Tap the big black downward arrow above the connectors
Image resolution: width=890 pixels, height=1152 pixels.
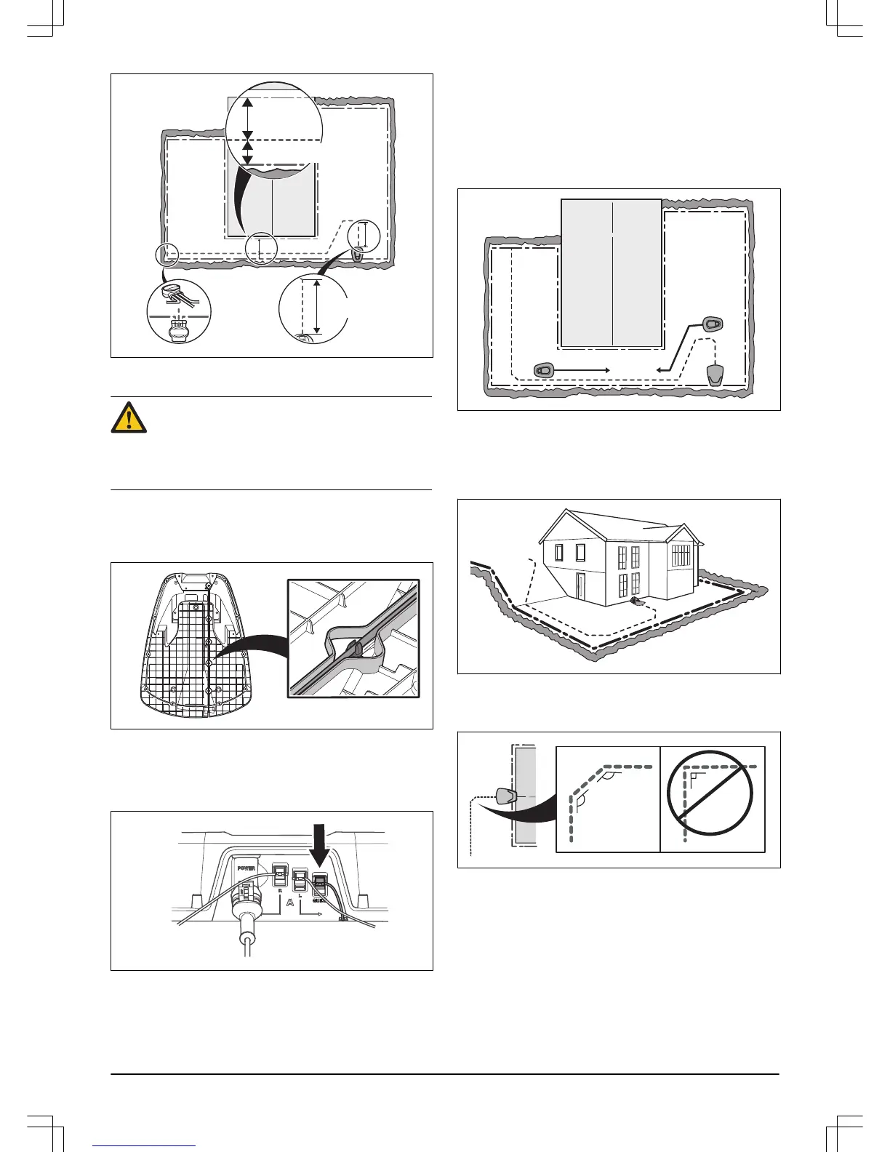point(319,844)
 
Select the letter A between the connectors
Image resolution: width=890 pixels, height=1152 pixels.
point(290,903)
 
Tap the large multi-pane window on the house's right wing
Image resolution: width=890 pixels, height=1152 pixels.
point(681,556)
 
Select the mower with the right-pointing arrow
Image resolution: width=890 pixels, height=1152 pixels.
point(545,369)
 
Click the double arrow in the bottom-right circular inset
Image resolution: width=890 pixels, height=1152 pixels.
point(316,306)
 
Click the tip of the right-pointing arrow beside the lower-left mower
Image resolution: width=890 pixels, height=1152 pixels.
point(609,370)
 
